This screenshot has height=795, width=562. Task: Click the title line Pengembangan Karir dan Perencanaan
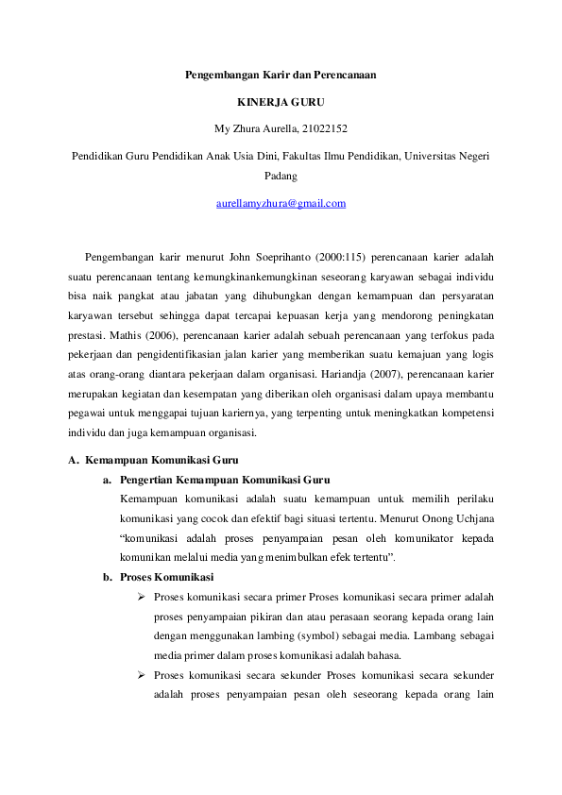click(x=281, y=74)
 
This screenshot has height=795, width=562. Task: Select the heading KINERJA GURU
click(x=281, y=101)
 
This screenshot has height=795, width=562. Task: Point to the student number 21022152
click(x=330, y=128)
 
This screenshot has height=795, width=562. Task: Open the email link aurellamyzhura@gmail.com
click(x=281, y=203)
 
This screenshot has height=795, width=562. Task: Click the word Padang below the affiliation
click(x=281, y=175)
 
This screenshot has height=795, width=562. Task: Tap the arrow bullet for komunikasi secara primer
click(x=140, y=598)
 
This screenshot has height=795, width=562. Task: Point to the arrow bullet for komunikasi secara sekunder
click(x=140, y=676)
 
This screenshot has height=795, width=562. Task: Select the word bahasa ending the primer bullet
click(x=385, y=655)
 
